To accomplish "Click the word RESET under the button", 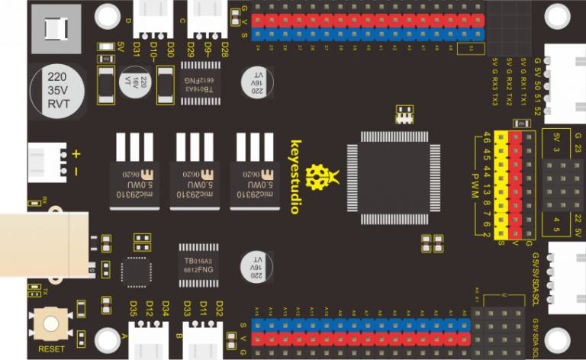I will point(51,349).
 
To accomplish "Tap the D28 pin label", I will point(224,50).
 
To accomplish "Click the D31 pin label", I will point(135,50).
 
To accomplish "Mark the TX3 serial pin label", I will point(494,99).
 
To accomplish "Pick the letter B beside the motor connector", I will point(179,336).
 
